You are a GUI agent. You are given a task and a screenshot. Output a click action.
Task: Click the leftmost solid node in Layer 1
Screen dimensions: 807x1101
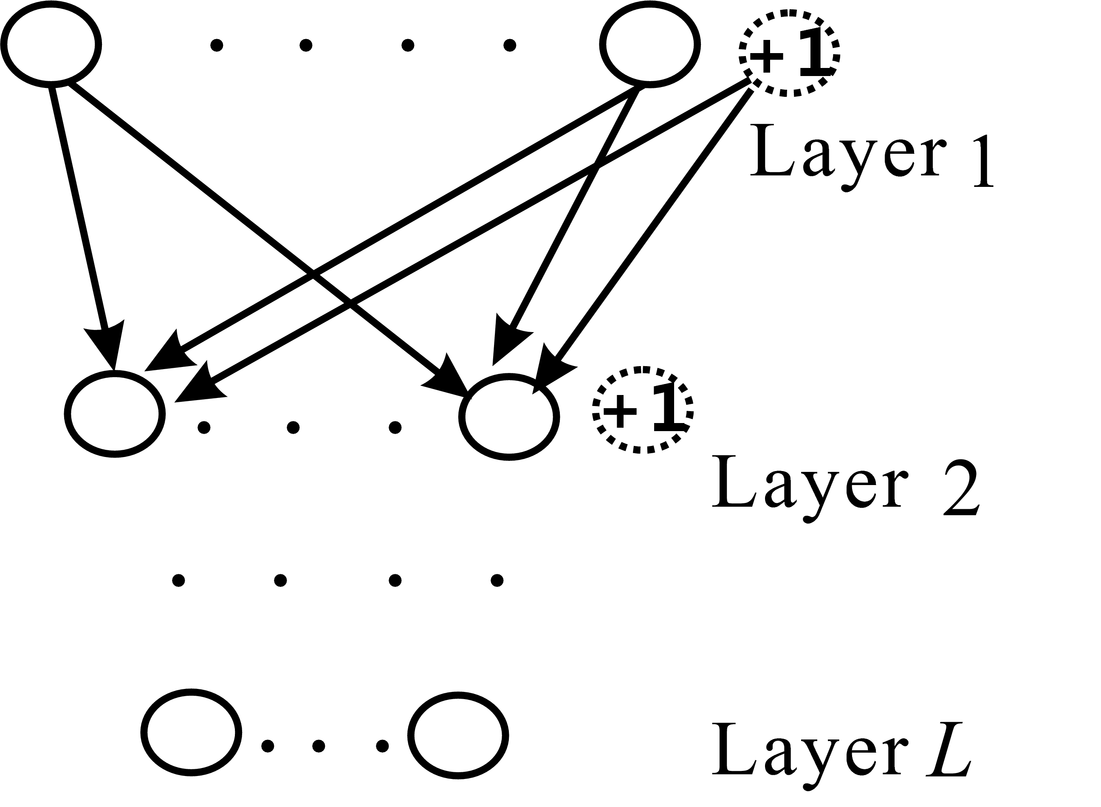coord(51,45)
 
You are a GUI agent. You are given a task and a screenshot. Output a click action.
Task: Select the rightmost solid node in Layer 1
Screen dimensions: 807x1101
coord(649,45)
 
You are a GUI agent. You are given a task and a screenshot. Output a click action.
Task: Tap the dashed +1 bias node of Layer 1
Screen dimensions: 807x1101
coord(788,54)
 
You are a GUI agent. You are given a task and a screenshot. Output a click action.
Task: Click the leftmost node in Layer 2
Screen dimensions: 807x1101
coord(115,414)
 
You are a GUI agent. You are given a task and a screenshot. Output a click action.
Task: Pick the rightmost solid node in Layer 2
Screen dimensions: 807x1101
coord(508,417)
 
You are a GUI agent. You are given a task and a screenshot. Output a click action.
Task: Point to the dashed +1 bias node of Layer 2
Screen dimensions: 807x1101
coord(642,410)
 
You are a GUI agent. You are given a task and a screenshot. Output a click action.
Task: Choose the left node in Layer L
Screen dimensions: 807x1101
coord(191,733)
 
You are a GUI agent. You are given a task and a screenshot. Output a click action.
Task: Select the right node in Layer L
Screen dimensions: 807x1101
coord(458,735)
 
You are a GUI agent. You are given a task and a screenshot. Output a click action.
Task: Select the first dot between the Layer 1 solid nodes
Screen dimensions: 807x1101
coord(216,45)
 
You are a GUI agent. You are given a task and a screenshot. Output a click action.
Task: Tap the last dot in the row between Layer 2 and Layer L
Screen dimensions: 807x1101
coord(497,580)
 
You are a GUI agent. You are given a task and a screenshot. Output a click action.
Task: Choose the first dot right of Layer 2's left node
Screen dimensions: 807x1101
coord(204,428)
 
